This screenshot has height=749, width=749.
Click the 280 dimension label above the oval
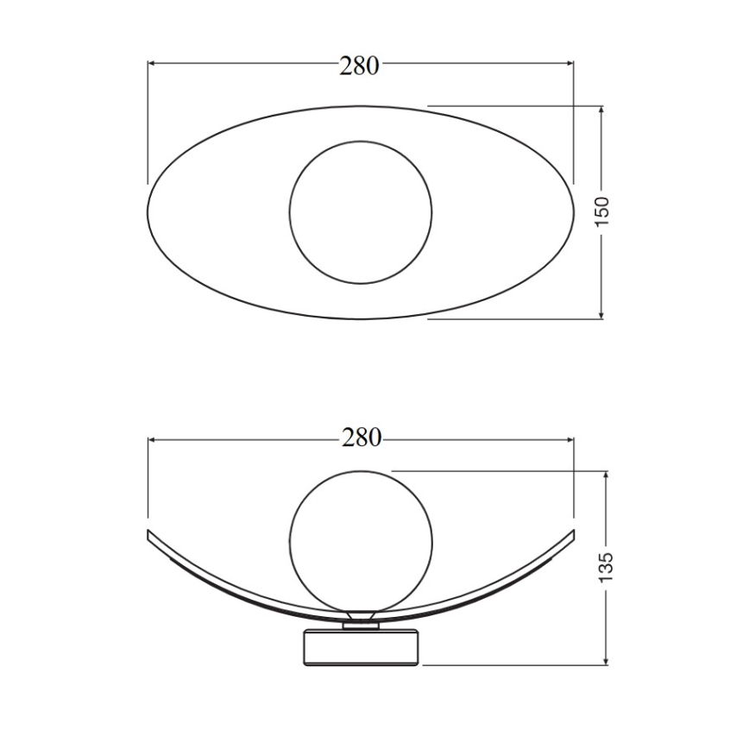359,66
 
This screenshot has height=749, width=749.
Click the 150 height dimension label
601,212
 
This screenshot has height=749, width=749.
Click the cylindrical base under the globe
360,647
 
